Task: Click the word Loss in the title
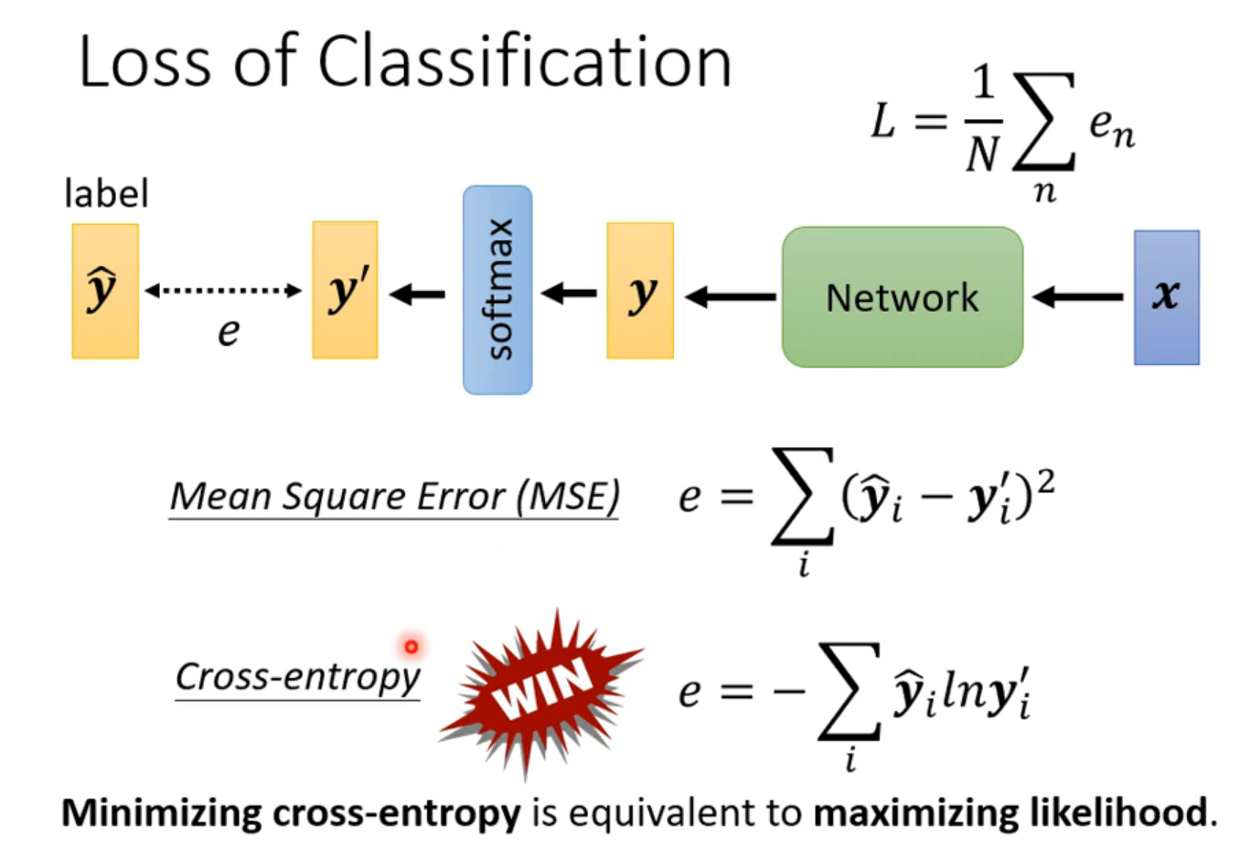pyautogui.click(x=147, y=62)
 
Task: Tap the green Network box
pyautogui.click(x=902, y=297)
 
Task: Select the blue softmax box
pyautogui.click(x=497, y=290)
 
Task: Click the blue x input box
pyautogui.click(x=1166, y=297)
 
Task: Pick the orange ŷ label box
pyautogui.click(x=105, y=291)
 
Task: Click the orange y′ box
pyautogui.click(x=345, y=290)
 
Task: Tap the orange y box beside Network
pyautogui.click(x=640, y=291)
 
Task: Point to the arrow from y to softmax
pyautogui.click(x=569, y=294)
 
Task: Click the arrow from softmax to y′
pyautogui.click(x=418, y=294)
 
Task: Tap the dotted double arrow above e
pyautogui.click(x=223, y=291)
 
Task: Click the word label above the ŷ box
pyautogui.click(x=106, y=194)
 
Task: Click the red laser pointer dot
pyautogui.click(x=412, y=647)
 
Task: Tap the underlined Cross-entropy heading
pyautogui.click(x=297, y=678)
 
